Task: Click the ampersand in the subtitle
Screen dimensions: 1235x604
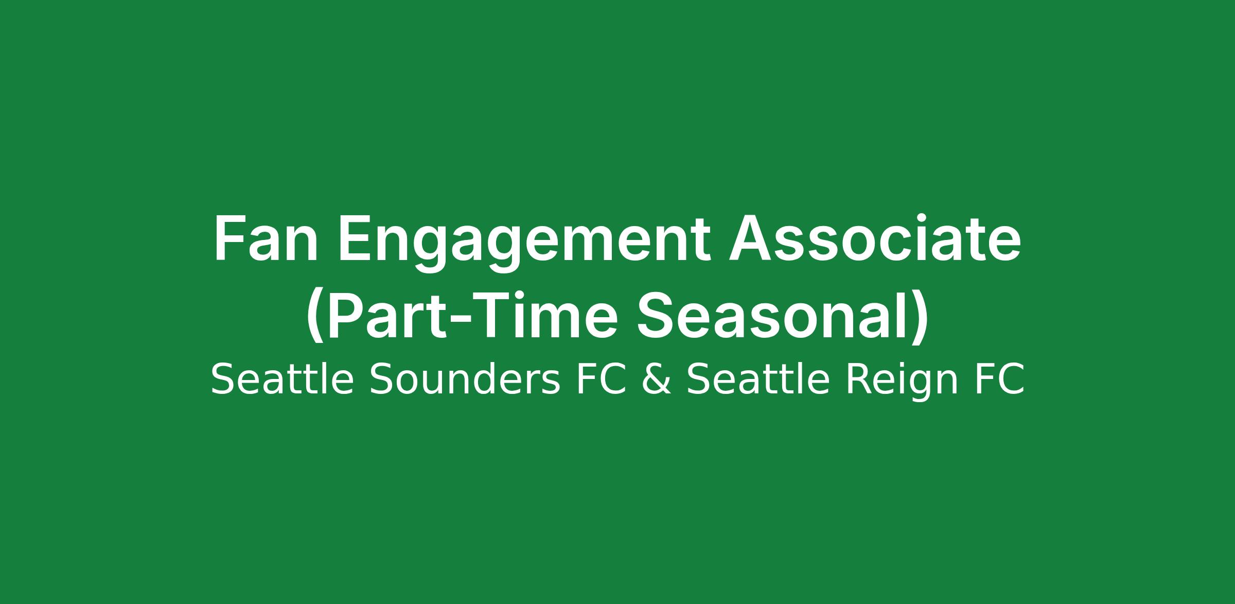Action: coord(657,379)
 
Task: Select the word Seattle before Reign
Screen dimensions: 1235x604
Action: coord(758,379)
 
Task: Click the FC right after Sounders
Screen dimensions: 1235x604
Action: coord(601,379)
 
